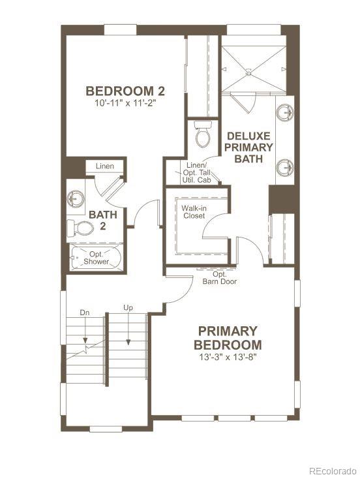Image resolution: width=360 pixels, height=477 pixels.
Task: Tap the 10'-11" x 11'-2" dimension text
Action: click(x=125, y=102)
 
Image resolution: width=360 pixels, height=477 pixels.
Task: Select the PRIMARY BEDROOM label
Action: click(x=228, y=338)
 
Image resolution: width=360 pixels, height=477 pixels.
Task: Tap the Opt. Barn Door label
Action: click(x=219, y=278)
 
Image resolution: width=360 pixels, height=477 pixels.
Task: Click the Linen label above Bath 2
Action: click(x=105, y=166)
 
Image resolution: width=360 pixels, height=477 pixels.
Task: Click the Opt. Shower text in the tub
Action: click(x=96, y=257)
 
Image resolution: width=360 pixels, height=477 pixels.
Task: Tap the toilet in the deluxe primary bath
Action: click(x=203, y=135)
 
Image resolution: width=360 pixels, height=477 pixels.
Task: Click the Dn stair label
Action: click(x=84, y=313)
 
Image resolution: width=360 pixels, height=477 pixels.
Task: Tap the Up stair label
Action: click(x=128, y=307)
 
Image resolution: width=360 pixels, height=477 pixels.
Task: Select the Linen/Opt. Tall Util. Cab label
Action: click(x=196, y=172)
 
